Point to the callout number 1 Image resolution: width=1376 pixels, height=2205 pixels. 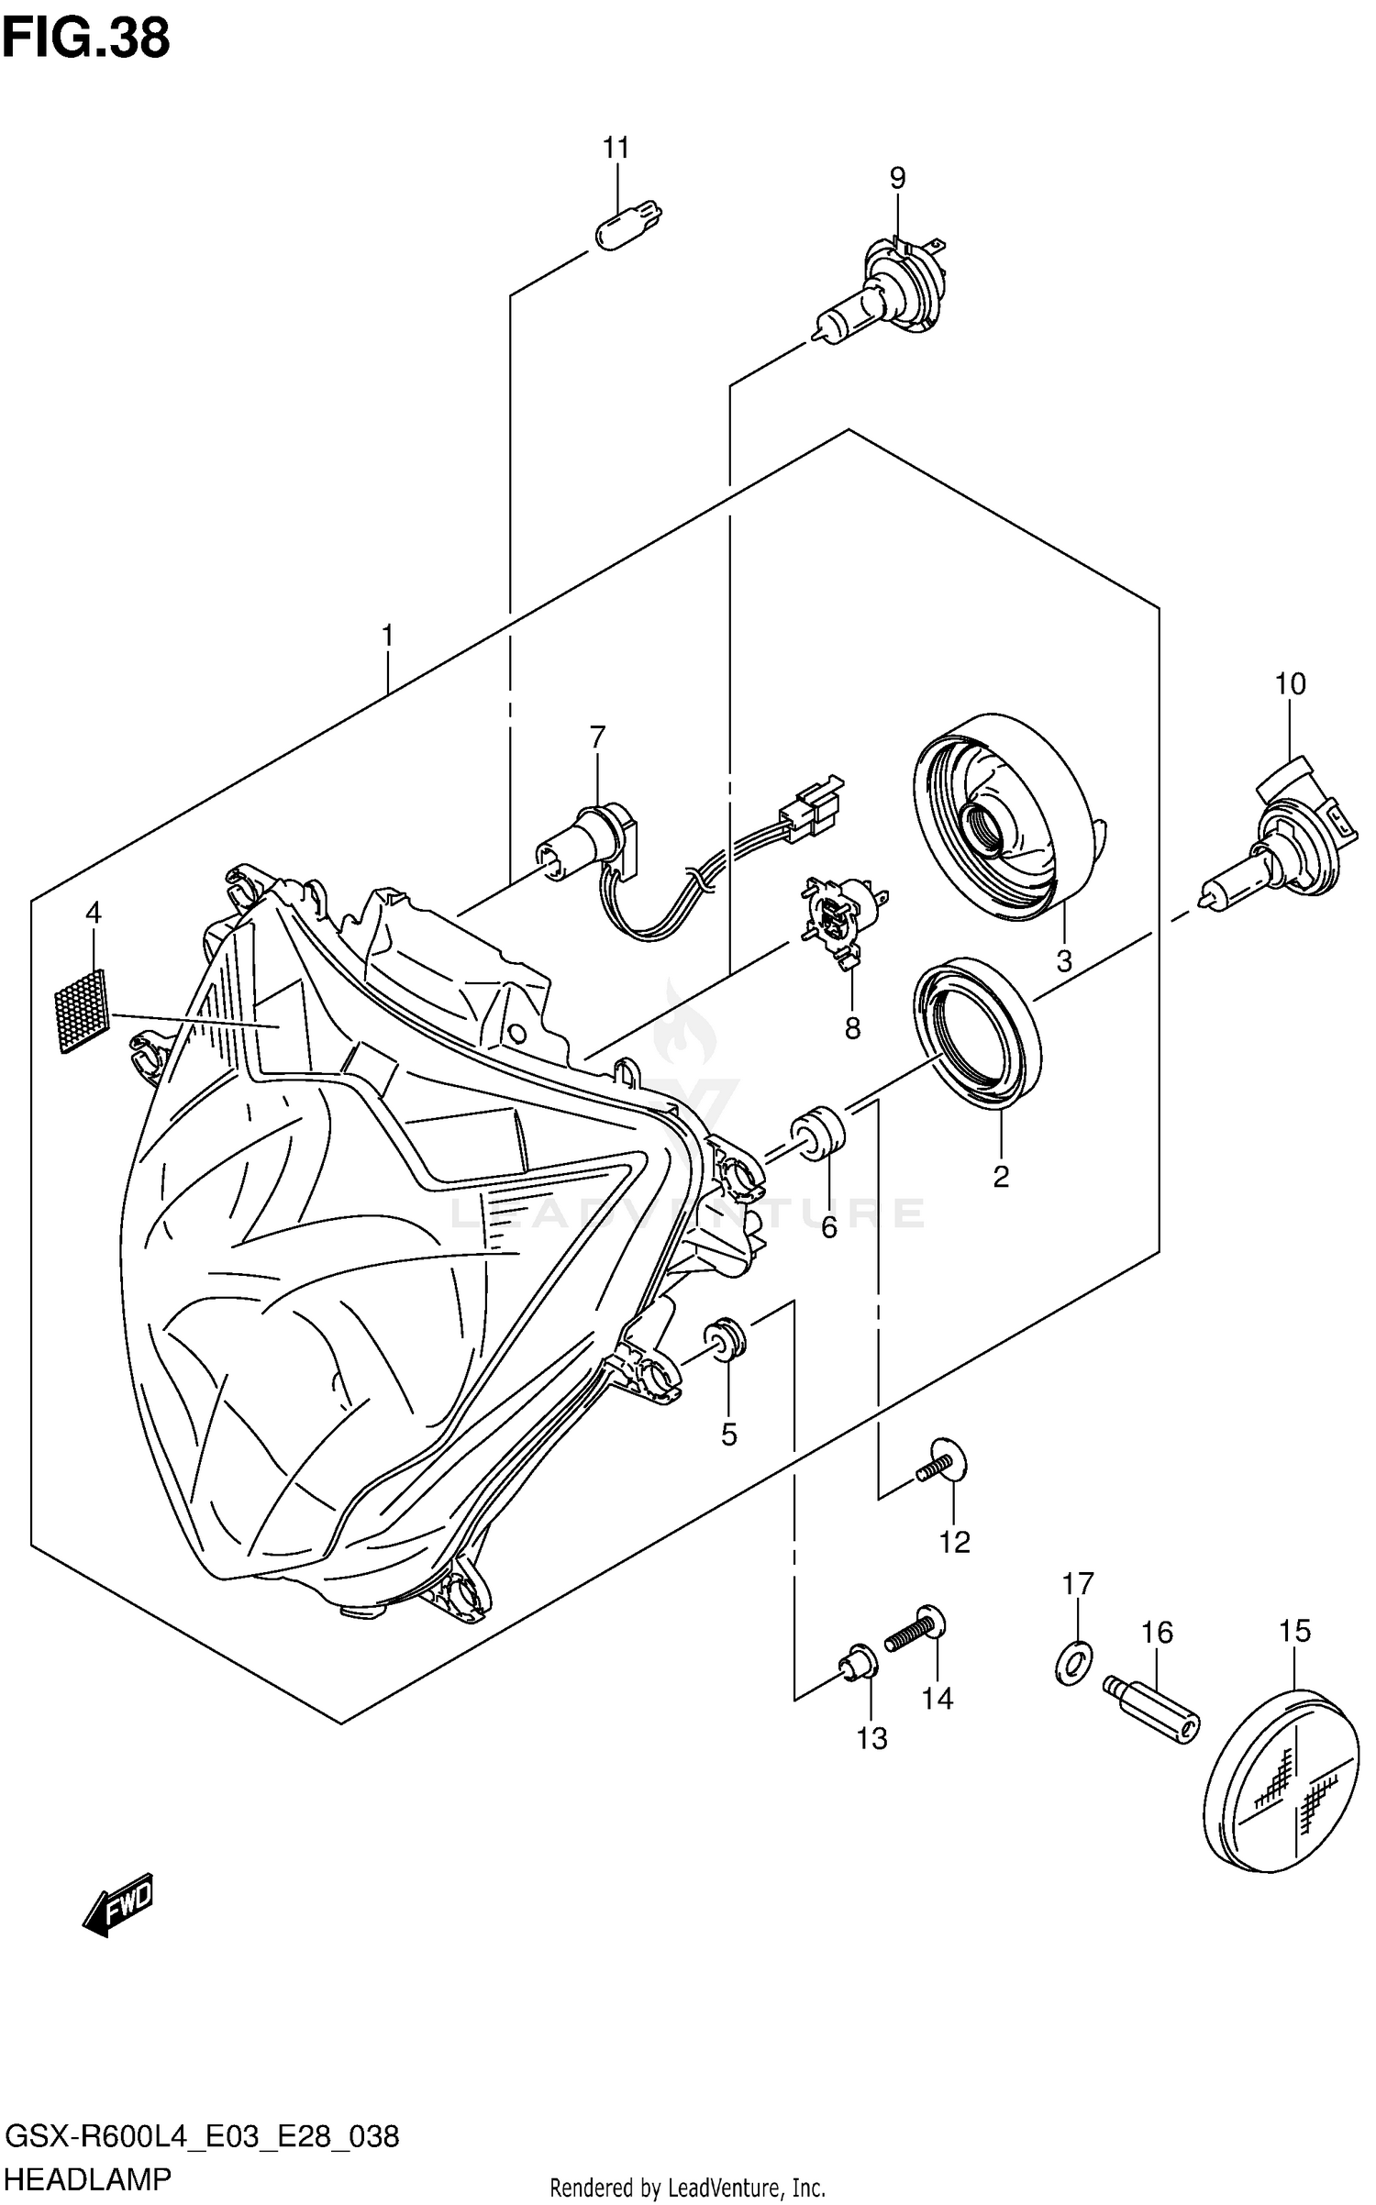click(387, 635)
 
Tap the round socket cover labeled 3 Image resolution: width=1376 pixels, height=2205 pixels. click(1004, 817)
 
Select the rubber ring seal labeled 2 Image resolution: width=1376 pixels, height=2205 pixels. click(977, 1031)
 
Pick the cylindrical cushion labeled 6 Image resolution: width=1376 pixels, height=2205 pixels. click(820, 1134)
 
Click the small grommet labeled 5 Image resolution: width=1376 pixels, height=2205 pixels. click(727, 1338)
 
